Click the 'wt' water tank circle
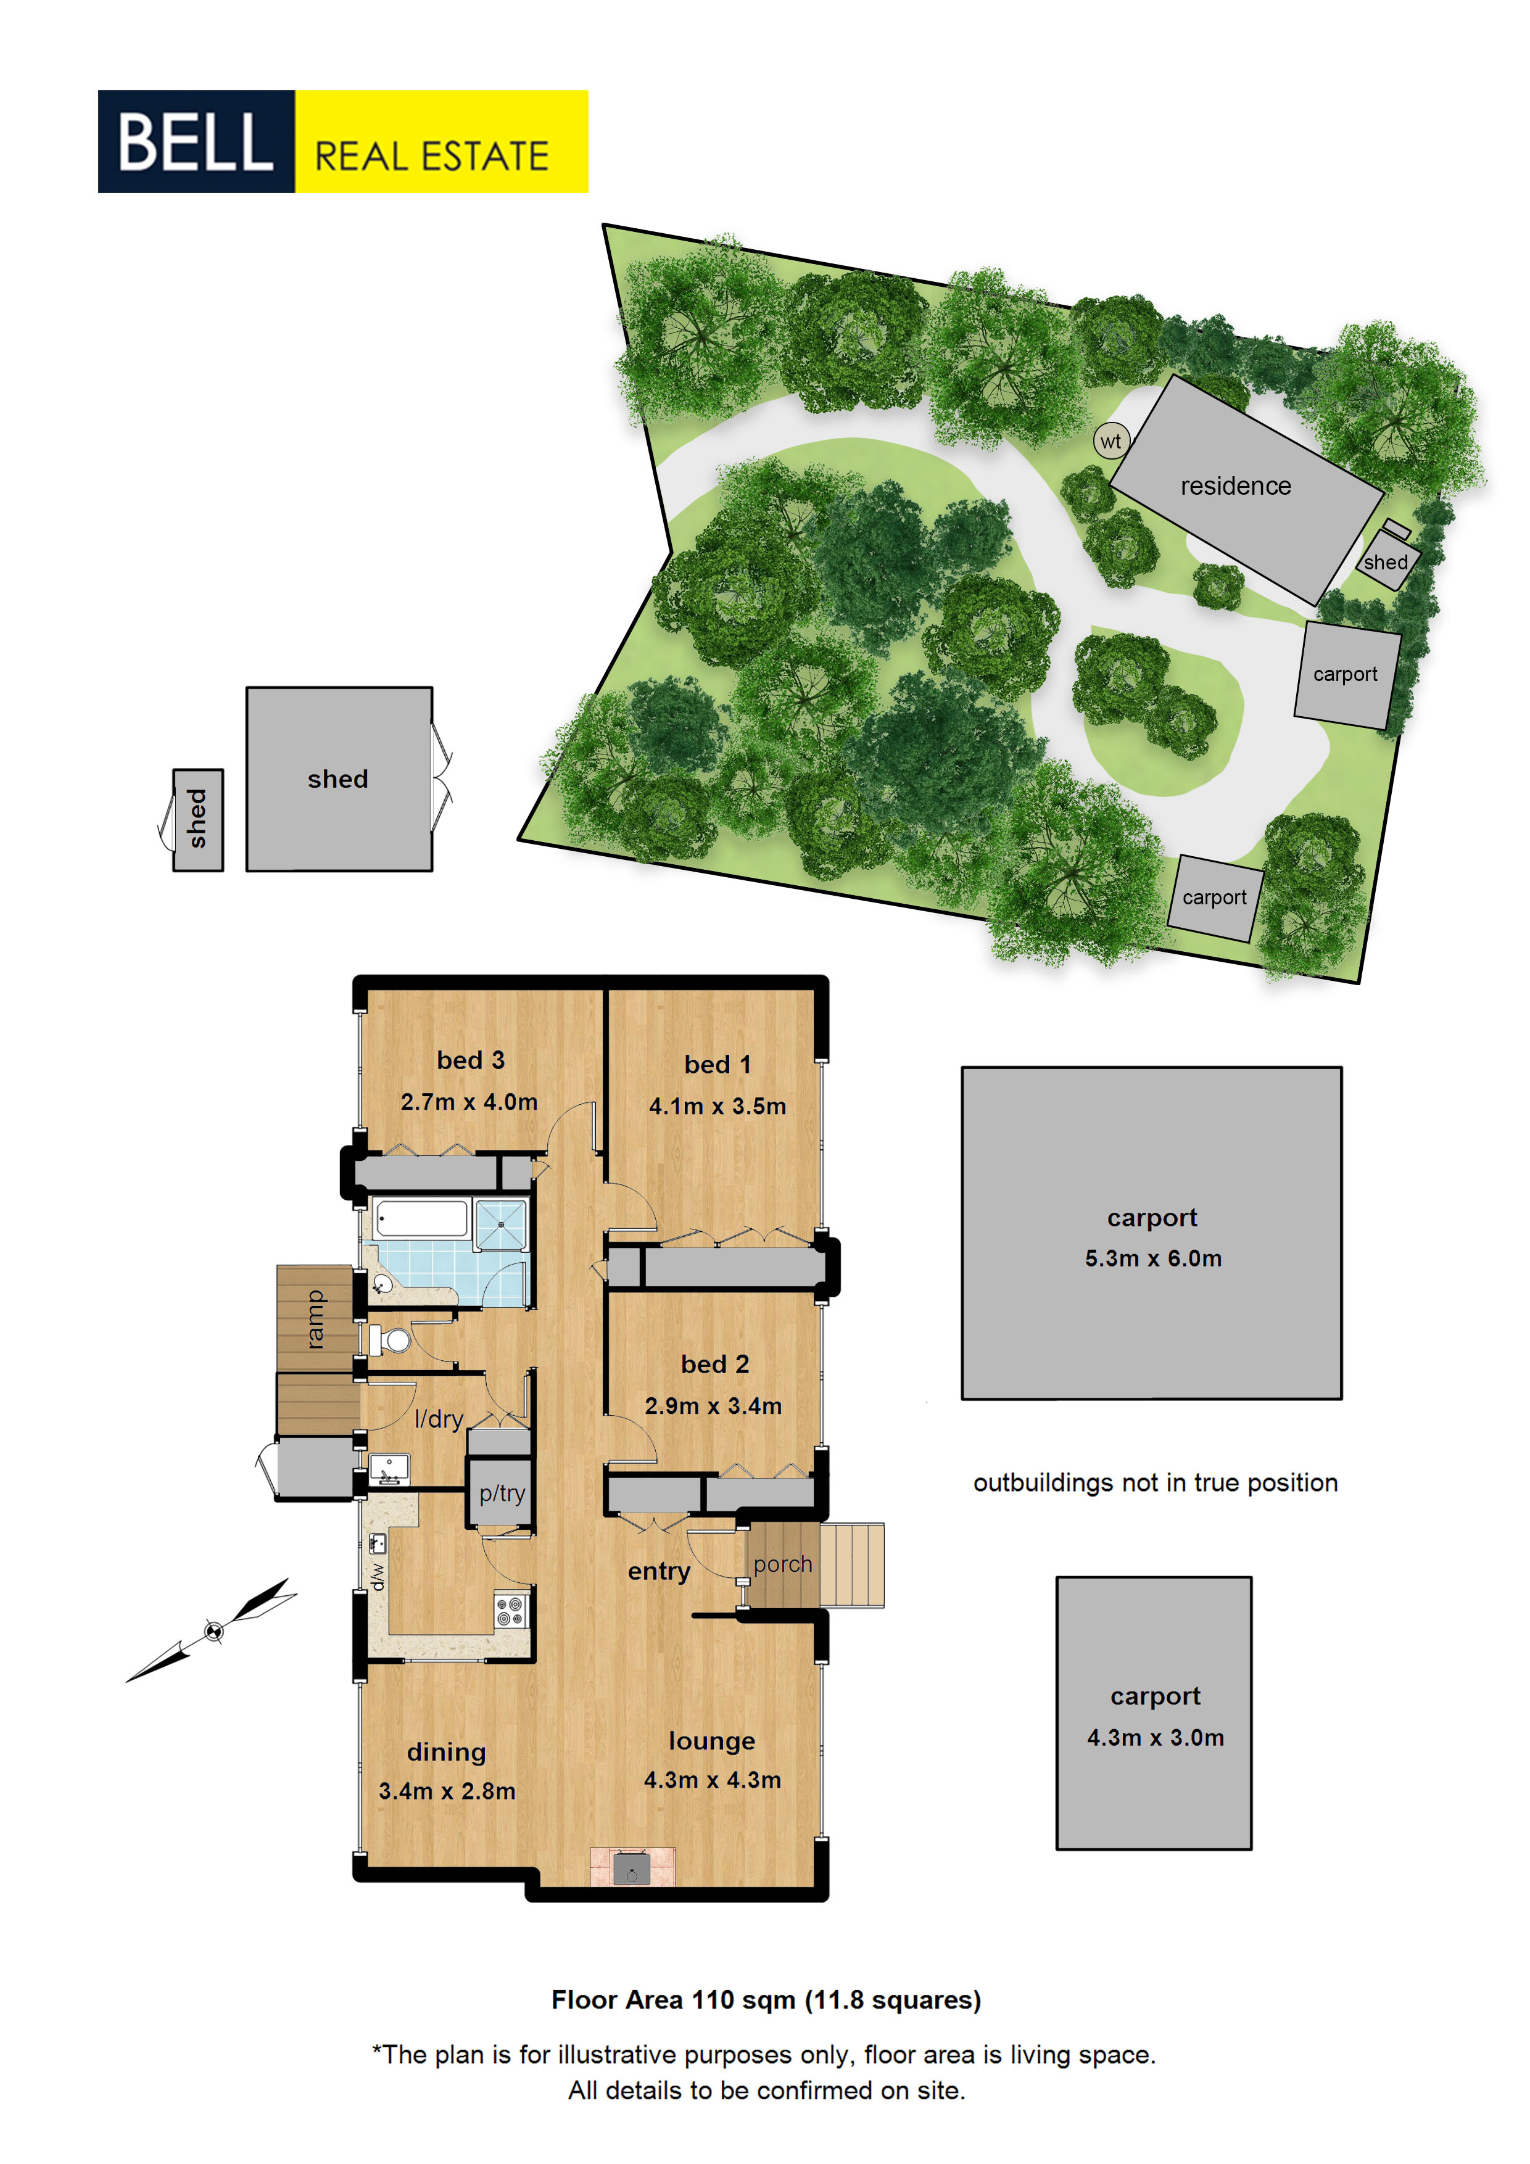pos(1112,440)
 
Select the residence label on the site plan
pos(1236,485)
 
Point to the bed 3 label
pos(470,1060)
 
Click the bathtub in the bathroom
pos(421,1219)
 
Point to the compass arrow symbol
pos(213,1630)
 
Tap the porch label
pos(782,1564)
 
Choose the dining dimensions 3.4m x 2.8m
pos(447,1791)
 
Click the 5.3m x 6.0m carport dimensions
pos(1153,1258)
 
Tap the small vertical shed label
pos(197,819)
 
